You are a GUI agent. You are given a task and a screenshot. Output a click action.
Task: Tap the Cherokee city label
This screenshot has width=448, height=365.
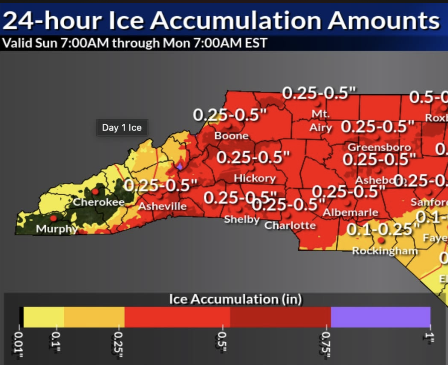(98, 202)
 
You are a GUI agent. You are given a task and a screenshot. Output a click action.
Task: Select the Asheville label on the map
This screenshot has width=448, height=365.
(162, 206)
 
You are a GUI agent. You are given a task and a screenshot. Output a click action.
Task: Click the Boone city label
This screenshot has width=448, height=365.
(231, 136)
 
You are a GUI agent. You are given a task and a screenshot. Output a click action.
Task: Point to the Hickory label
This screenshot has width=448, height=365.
(255, 178)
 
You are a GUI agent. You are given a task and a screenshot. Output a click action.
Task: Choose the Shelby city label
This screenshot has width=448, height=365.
(242, 219)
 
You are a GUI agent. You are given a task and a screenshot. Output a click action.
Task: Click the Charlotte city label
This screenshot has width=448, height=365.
(290, 225)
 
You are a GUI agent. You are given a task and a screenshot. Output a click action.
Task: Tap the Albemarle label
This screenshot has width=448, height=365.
(350, 213)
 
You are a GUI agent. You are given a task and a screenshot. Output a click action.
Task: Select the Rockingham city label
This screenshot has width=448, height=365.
(385, 251)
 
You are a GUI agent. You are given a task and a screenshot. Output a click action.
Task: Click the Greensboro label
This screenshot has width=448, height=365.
(379, 147)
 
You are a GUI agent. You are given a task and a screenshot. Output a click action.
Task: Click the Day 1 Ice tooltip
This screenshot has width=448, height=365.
(122, 128)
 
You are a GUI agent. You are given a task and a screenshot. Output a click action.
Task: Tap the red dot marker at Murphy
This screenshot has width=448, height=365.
(54, 218)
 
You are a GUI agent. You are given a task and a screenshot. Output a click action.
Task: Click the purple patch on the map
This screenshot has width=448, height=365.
(180, 166)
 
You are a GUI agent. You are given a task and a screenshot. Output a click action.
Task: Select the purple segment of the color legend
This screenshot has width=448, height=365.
(380, 317)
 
